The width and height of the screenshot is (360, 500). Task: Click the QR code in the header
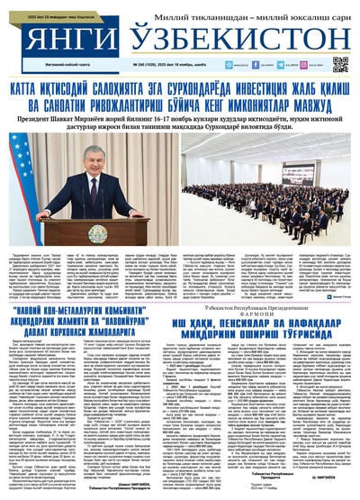click(340, 65)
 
